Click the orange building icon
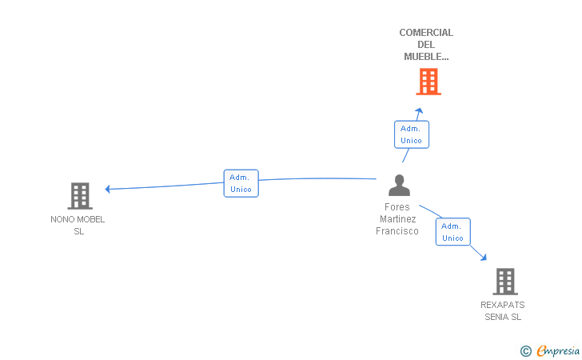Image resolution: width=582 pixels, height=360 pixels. [x=429, y=82]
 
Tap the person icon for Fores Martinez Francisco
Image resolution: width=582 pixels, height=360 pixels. [x=399, y=185]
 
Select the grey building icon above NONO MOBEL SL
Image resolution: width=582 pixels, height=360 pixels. [x=80, y=196]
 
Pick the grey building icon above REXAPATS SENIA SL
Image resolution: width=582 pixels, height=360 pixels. [x=505, y=282]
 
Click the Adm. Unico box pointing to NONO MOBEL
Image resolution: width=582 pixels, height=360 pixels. [x=241, y=183]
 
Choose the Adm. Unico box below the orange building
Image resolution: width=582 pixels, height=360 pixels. [x=411, y=134]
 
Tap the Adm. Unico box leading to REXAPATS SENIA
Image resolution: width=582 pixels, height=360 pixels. [x=452, y=232]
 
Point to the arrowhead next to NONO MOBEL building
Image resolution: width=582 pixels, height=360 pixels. [x=108, y=189]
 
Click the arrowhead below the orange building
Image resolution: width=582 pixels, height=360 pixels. [x=420, y=110]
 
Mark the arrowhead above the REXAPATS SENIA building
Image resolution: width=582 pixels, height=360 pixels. [x=483, y=257]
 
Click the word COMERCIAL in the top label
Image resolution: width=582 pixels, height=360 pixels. [x=426, y=33]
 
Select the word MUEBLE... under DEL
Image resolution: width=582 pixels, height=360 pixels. [x=426, y=57]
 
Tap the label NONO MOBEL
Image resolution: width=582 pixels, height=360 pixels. [x=78, y=219]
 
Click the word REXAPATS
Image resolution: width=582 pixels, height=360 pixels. [x=503, y=305]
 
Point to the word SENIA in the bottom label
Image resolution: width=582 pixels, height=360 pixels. [x=497, y=317]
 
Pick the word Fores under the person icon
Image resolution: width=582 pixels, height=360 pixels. [x=397, y=207]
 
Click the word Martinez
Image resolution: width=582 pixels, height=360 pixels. [x=397, y=219]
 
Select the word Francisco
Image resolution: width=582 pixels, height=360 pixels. [x=397, y=231]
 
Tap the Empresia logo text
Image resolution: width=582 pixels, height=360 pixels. [x=558, y=350]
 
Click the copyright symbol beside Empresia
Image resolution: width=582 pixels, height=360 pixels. [x=526, y=351]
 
